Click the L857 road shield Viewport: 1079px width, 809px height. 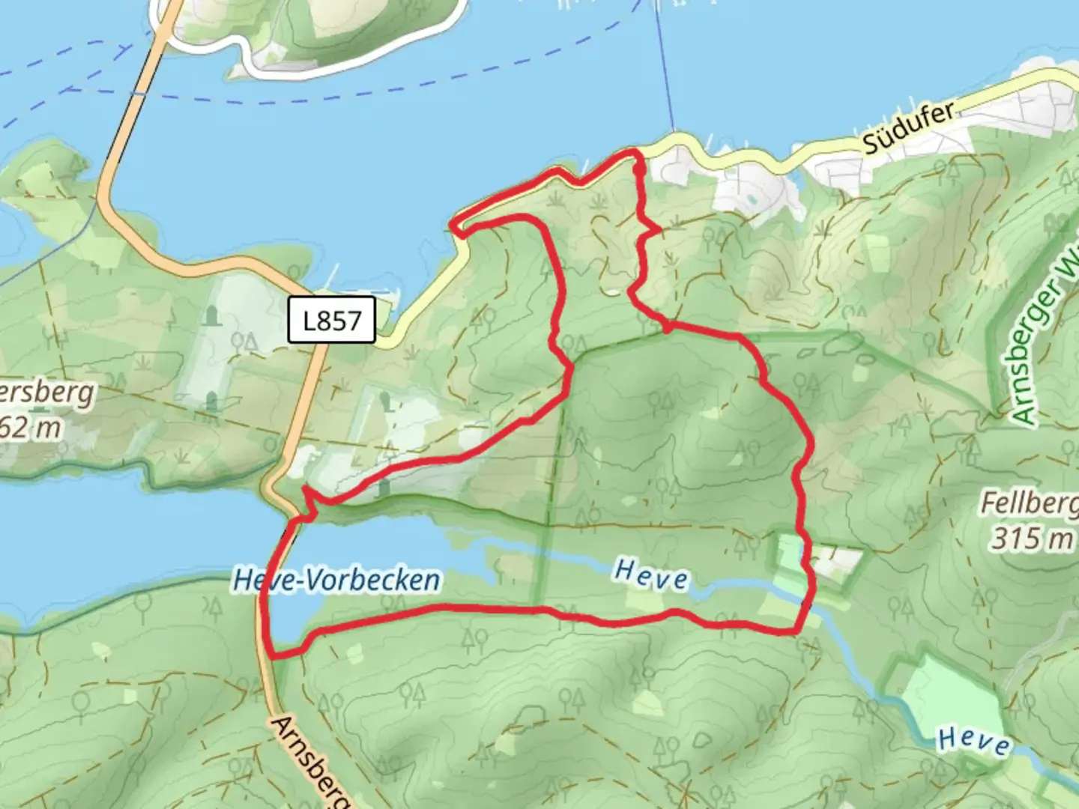click(331, 321)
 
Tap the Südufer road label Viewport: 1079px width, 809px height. click(909, 128)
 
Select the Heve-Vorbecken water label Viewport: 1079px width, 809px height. click(336, 580)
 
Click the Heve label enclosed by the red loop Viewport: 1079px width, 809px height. click(650, 575)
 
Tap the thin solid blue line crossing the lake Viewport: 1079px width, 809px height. click(665, 67)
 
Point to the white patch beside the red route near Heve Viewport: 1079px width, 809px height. click(835, 561)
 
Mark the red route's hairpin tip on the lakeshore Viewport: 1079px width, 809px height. click(454, 225)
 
